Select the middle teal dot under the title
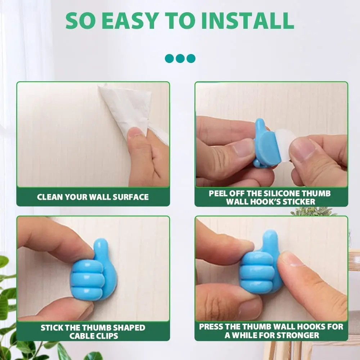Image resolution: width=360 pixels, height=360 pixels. (x=180, y=58)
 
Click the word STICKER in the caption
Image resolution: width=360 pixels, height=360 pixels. (x=299, y=202)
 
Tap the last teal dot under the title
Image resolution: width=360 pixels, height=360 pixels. (x=191, y=58)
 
